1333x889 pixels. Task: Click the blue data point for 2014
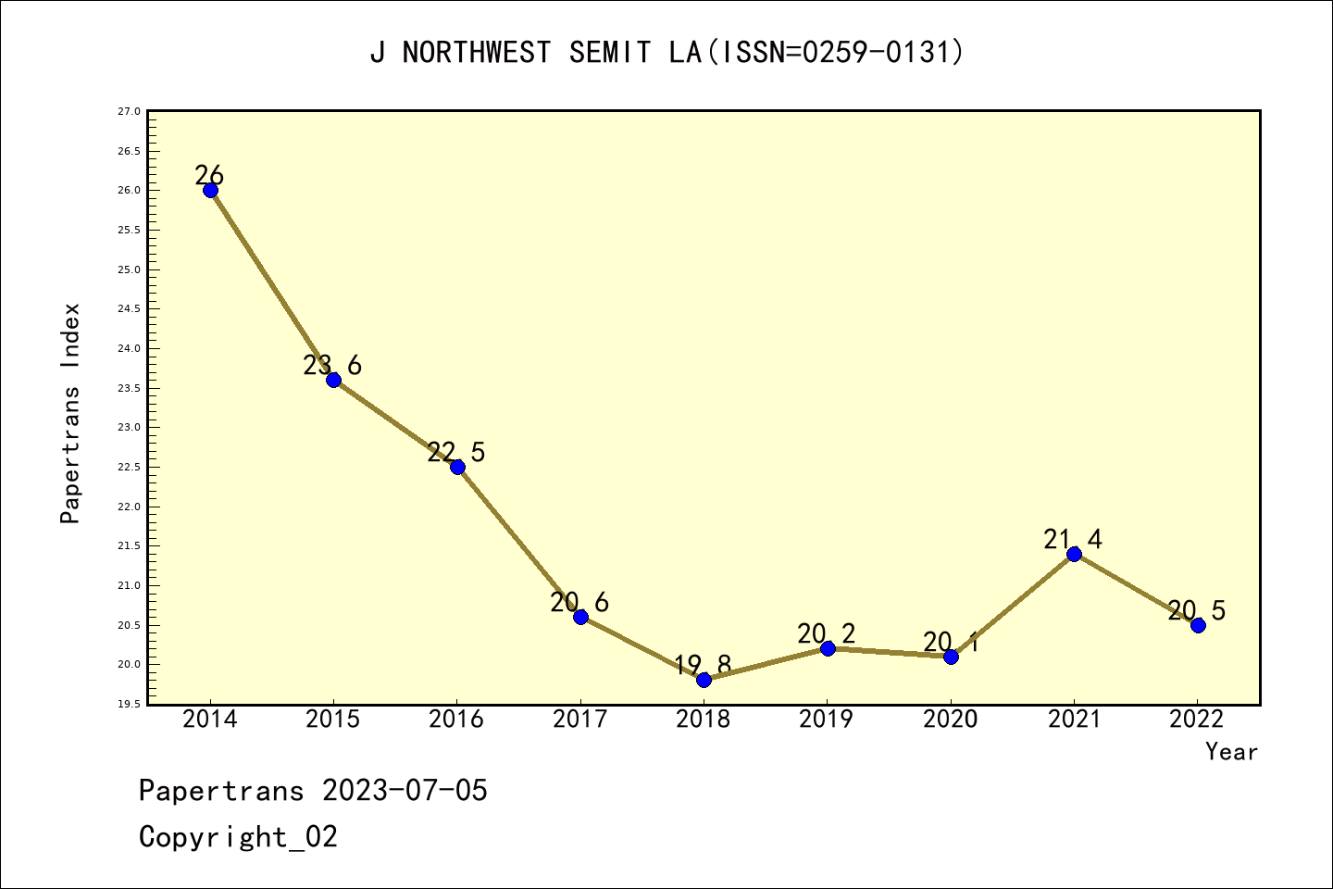pos(210,190)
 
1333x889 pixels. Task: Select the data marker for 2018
pos(704,680)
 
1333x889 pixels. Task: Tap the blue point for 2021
pos(1074,554)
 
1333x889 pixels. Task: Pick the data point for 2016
pos(457,467)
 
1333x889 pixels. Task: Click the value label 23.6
pos(332,366)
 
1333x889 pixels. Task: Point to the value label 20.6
pos(579,603)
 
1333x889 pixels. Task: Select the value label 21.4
pos(1073,539)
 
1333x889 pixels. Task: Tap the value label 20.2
pos(826,634)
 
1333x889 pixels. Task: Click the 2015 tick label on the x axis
pos(333,720)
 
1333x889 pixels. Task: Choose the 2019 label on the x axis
pos(827,720)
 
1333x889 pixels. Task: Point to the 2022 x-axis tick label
pos(1197,720)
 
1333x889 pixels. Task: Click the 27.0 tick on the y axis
pos(129,112)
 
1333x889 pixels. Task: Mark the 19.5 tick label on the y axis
pos(129,705)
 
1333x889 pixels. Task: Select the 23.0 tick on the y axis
pos(129,428)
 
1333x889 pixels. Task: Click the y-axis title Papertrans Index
pos(70,413)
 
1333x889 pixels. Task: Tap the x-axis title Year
pos(1231,752)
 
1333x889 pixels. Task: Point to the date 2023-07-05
pos(405,791)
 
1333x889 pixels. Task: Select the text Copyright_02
pos(238,837)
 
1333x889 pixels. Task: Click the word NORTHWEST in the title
pos(477,53)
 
